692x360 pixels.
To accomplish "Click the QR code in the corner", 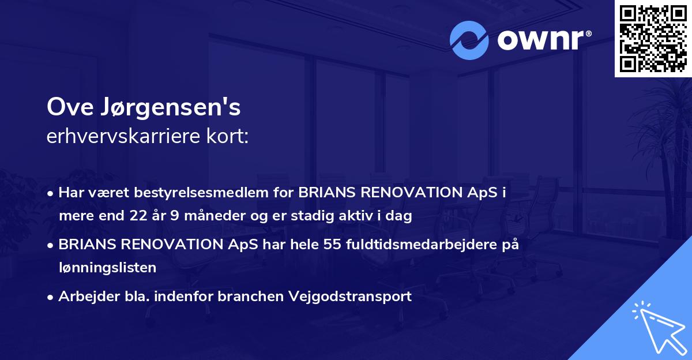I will coord(653,38).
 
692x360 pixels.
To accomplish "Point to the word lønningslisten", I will coord(107,267).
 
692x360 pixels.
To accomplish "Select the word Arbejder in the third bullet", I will coord(84,297).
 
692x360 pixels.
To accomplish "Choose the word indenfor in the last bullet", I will coord(187,297).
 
